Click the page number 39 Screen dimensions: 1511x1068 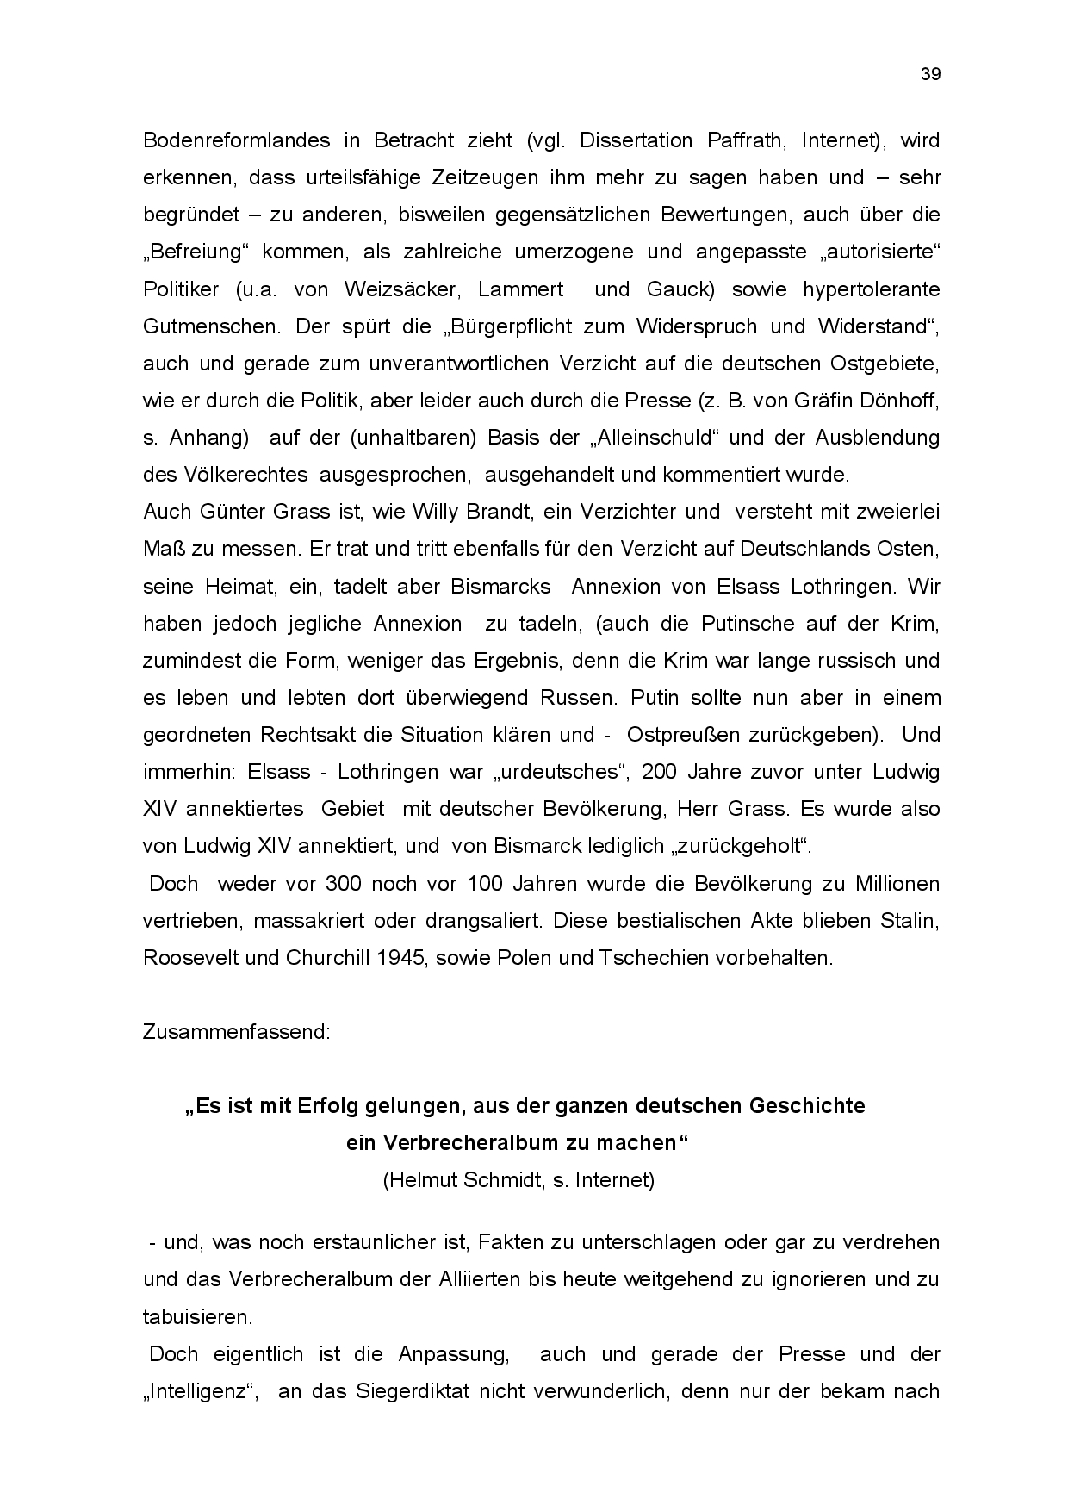coord(930,74)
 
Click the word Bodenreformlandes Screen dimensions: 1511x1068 coord(224,140)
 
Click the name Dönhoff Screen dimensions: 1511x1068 coord(904,401)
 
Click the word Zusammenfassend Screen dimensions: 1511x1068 coord(236,1032)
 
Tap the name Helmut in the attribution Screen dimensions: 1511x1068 coord(419,1180)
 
